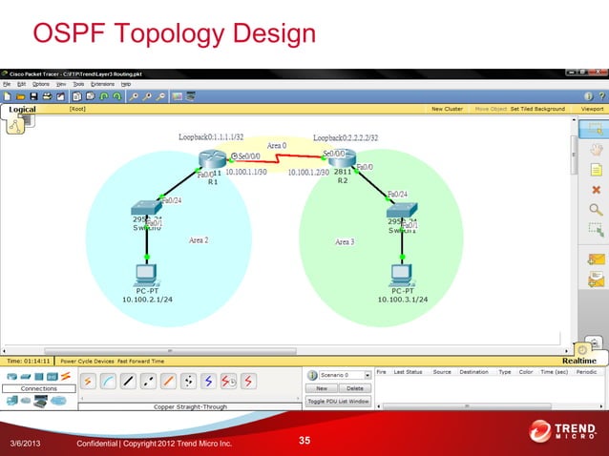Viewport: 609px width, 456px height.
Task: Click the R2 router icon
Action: pyautogui.click(x=342, y=157)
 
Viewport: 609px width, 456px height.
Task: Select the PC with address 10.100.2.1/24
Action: pyautogui.click(x=146, y=276)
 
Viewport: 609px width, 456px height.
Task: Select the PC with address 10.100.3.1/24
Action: pyautogui.click(x=402, y=276)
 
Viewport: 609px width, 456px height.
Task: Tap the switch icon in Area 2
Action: pyautogui.click(x=147, y=208)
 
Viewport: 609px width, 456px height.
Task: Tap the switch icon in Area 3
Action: pyautogui.click(x=402, y=209)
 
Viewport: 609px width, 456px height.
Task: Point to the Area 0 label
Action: pyautogui.click(x=277, y=145)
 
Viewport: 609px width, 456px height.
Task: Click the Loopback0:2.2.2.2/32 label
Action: pyautogui.click(x=346, y=137)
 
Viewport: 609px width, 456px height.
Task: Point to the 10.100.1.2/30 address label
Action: pyautogui.click(x=308, y=173)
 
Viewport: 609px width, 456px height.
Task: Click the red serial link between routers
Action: pyautogui.click(x=277, y=159)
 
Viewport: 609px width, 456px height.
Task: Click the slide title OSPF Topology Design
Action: pyautogui.click(x=174, y=35)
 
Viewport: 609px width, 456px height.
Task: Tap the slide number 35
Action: pyautogui.click(x=304, y=440)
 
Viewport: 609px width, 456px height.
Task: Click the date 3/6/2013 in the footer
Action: pyautogui.click(x=26, y=445)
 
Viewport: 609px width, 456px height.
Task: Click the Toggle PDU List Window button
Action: pyautogui.click(x=338, y=401)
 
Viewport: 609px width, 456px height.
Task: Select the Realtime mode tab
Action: pyautogui.click(x=578, y=361)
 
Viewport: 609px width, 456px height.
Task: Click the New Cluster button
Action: pyautogui.click(x=447, y=109)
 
